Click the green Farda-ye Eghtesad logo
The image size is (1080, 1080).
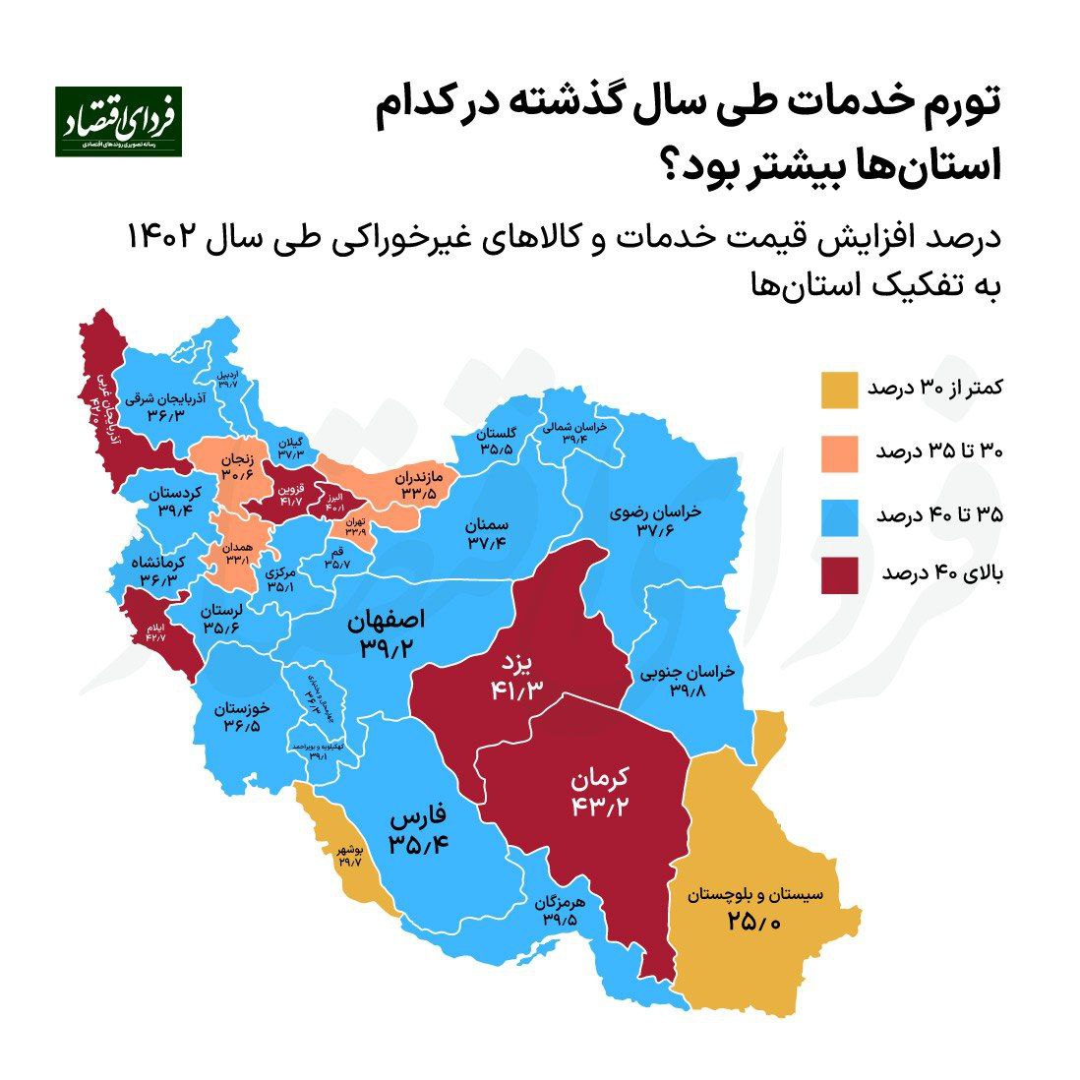(x=118, y=121)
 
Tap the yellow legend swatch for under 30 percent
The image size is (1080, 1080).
(x=839, y=390)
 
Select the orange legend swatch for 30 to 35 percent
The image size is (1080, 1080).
(x=839, y=451)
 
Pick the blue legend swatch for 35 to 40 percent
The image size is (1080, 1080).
(x=839, y=513)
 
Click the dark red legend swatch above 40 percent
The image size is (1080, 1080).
(x=839, y=575)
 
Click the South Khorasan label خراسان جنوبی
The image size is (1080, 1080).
(x=688, y=674)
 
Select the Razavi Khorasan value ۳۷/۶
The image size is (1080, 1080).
(x=655, y=531)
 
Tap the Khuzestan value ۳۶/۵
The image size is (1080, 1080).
(x=242, y=726)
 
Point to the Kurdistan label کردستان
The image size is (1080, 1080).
(x=178, y=492)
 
